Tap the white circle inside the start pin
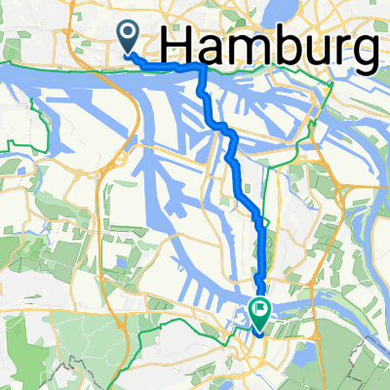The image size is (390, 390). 129,34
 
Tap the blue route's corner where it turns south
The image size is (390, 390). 203,70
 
